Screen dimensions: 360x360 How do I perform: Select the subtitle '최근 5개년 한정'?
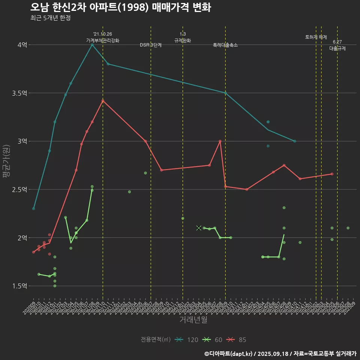(x=50, y=18)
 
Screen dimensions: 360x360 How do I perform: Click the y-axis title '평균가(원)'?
(x=6, y=165)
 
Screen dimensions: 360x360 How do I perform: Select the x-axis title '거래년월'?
(x=193, y=320)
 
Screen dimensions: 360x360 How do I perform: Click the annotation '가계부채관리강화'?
(x=103, y=40)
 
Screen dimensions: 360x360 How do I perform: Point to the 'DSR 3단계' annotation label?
(x=151, y=45)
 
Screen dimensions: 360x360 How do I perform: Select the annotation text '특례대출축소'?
(x=225, y=45)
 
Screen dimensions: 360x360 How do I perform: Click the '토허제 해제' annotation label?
(x=316, y=37)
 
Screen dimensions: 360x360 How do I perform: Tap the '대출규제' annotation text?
(x=337, y=48)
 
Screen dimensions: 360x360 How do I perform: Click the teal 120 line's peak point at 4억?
(x=92, y=45)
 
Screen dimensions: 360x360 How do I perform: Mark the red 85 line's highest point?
(x=103, y=100)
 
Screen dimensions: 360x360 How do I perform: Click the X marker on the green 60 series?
(x=199, y=228)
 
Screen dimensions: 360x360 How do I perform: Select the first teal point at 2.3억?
(x=33, y=208)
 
